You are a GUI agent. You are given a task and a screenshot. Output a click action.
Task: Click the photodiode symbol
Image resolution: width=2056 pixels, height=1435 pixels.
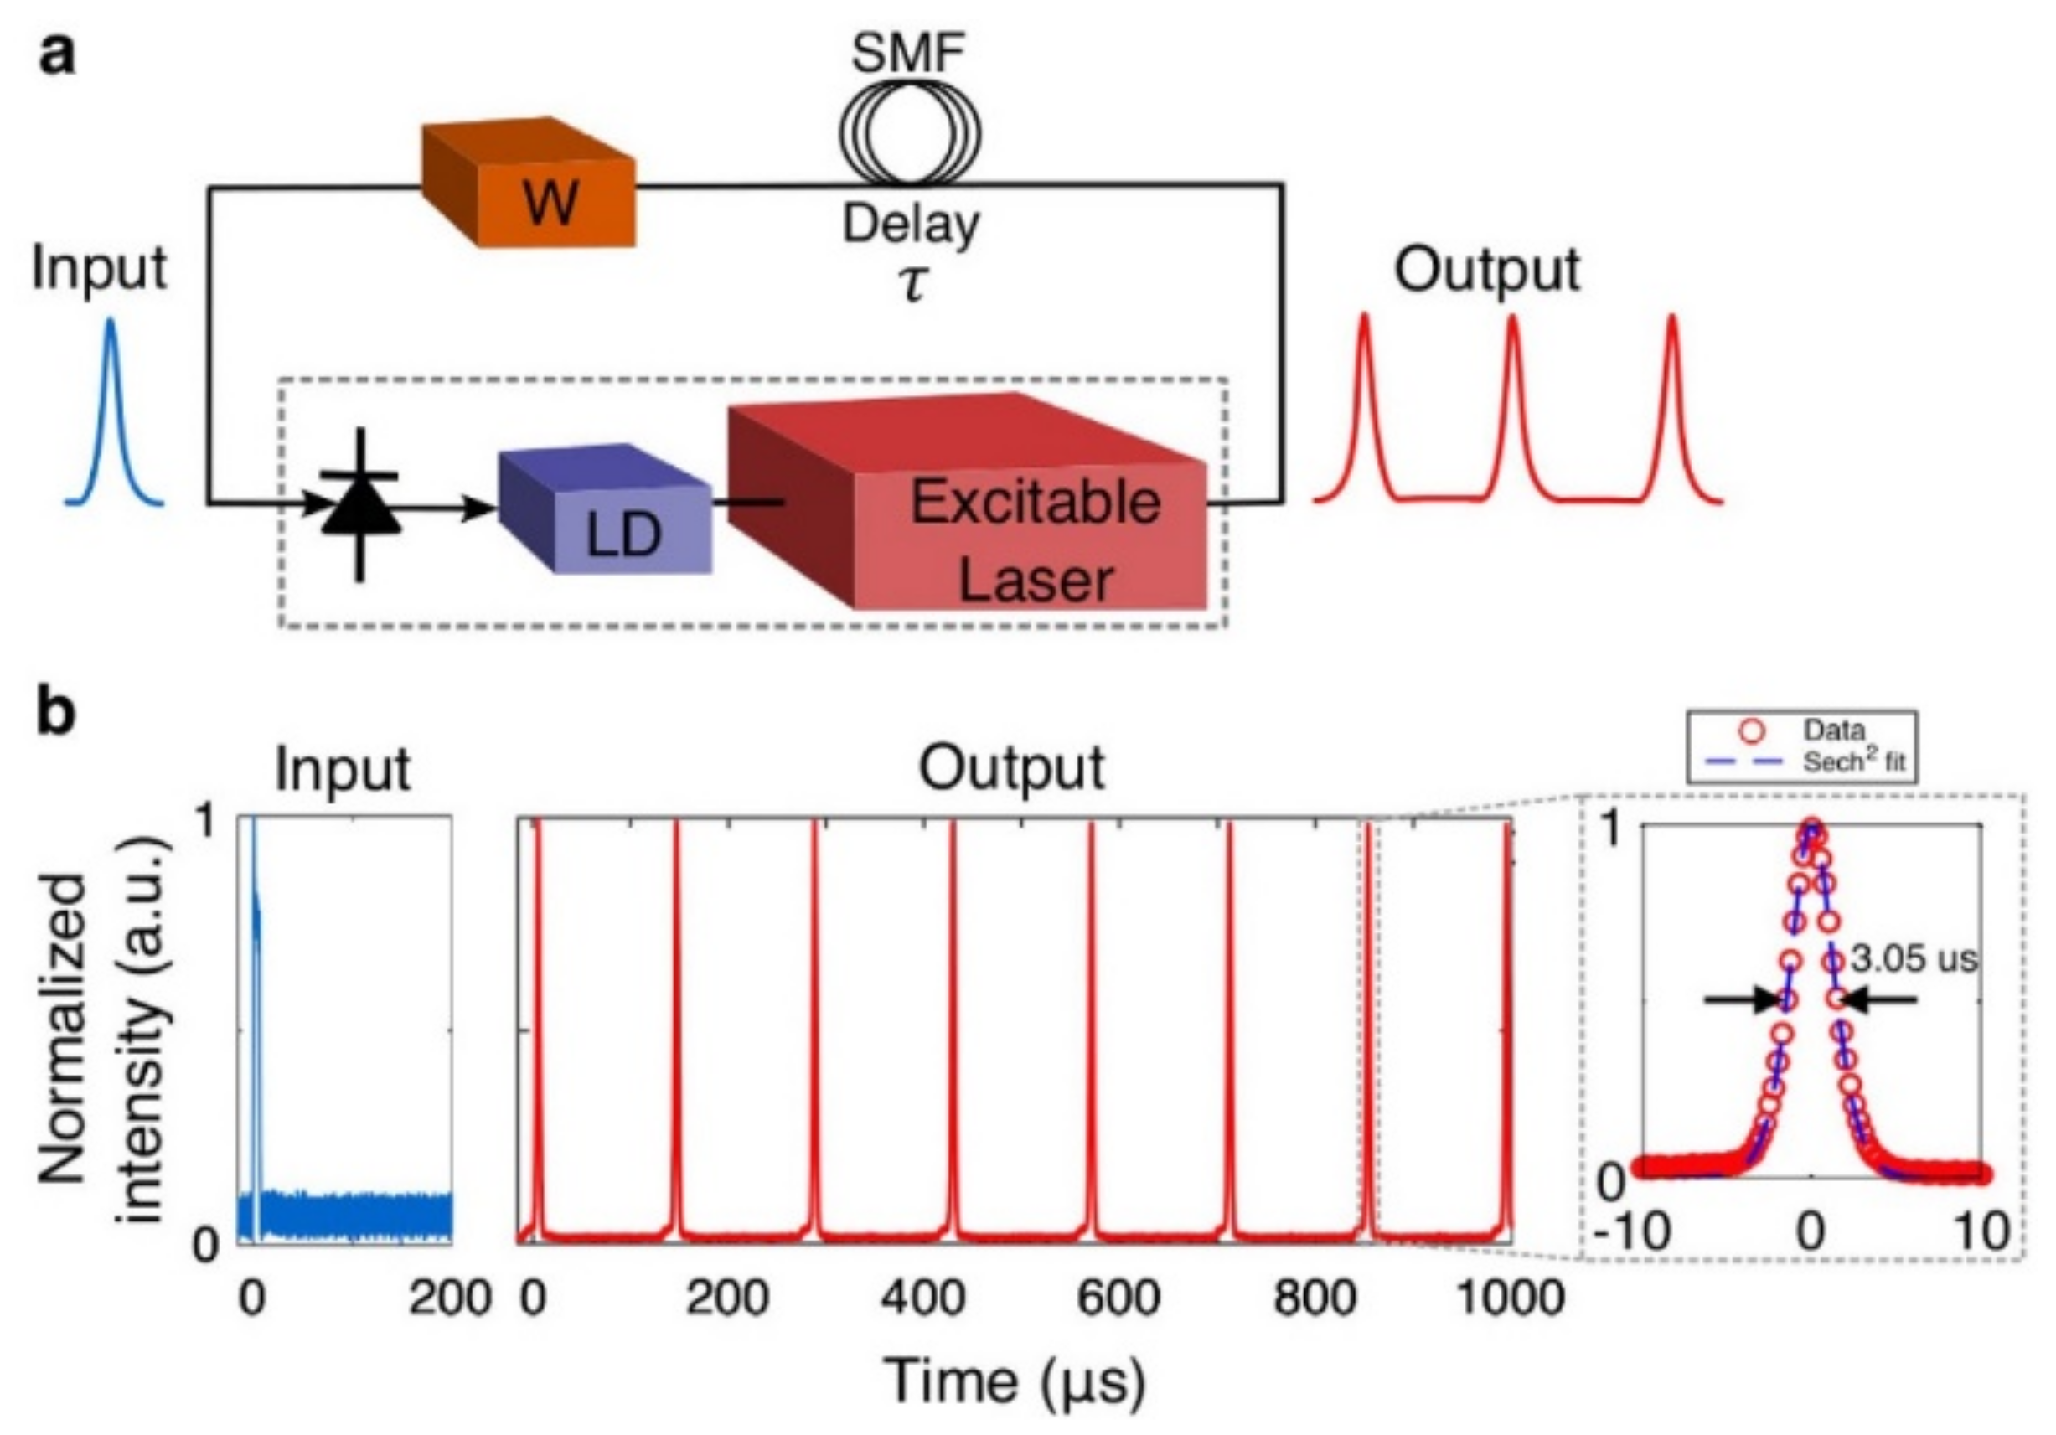[360, 506]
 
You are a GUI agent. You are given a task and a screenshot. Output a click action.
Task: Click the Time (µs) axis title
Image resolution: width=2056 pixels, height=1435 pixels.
[1015, 1381]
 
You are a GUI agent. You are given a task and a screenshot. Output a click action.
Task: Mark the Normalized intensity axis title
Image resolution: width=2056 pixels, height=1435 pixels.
[103, 1030]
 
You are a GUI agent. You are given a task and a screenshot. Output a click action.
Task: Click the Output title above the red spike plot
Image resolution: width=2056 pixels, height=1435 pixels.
[1013, 768]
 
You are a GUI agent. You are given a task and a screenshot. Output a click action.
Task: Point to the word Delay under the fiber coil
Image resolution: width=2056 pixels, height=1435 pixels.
[911, 224]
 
